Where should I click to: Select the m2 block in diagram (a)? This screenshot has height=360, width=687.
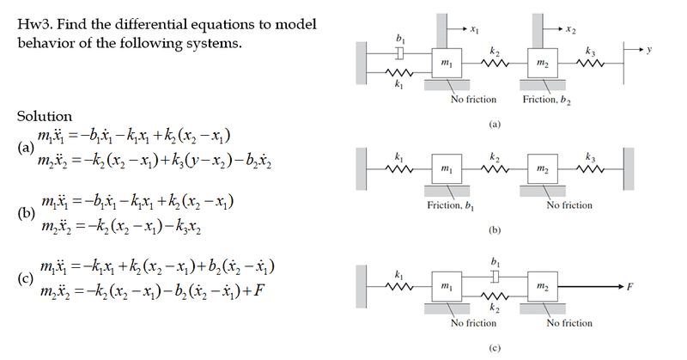(542, 65)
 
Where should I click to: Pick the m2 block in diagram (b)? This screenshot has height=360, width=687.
(542, 168)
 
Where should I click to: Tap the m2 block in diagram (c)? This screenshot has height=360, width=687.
(542, 284)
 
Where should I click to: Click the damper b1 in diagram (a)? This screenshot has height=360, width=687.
(398, 54)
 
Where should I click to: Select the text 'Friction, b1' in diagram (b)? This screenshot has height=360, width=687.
(451, 205)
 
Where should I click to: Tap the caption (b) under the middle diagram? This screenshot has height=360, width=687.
(493, 231)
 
